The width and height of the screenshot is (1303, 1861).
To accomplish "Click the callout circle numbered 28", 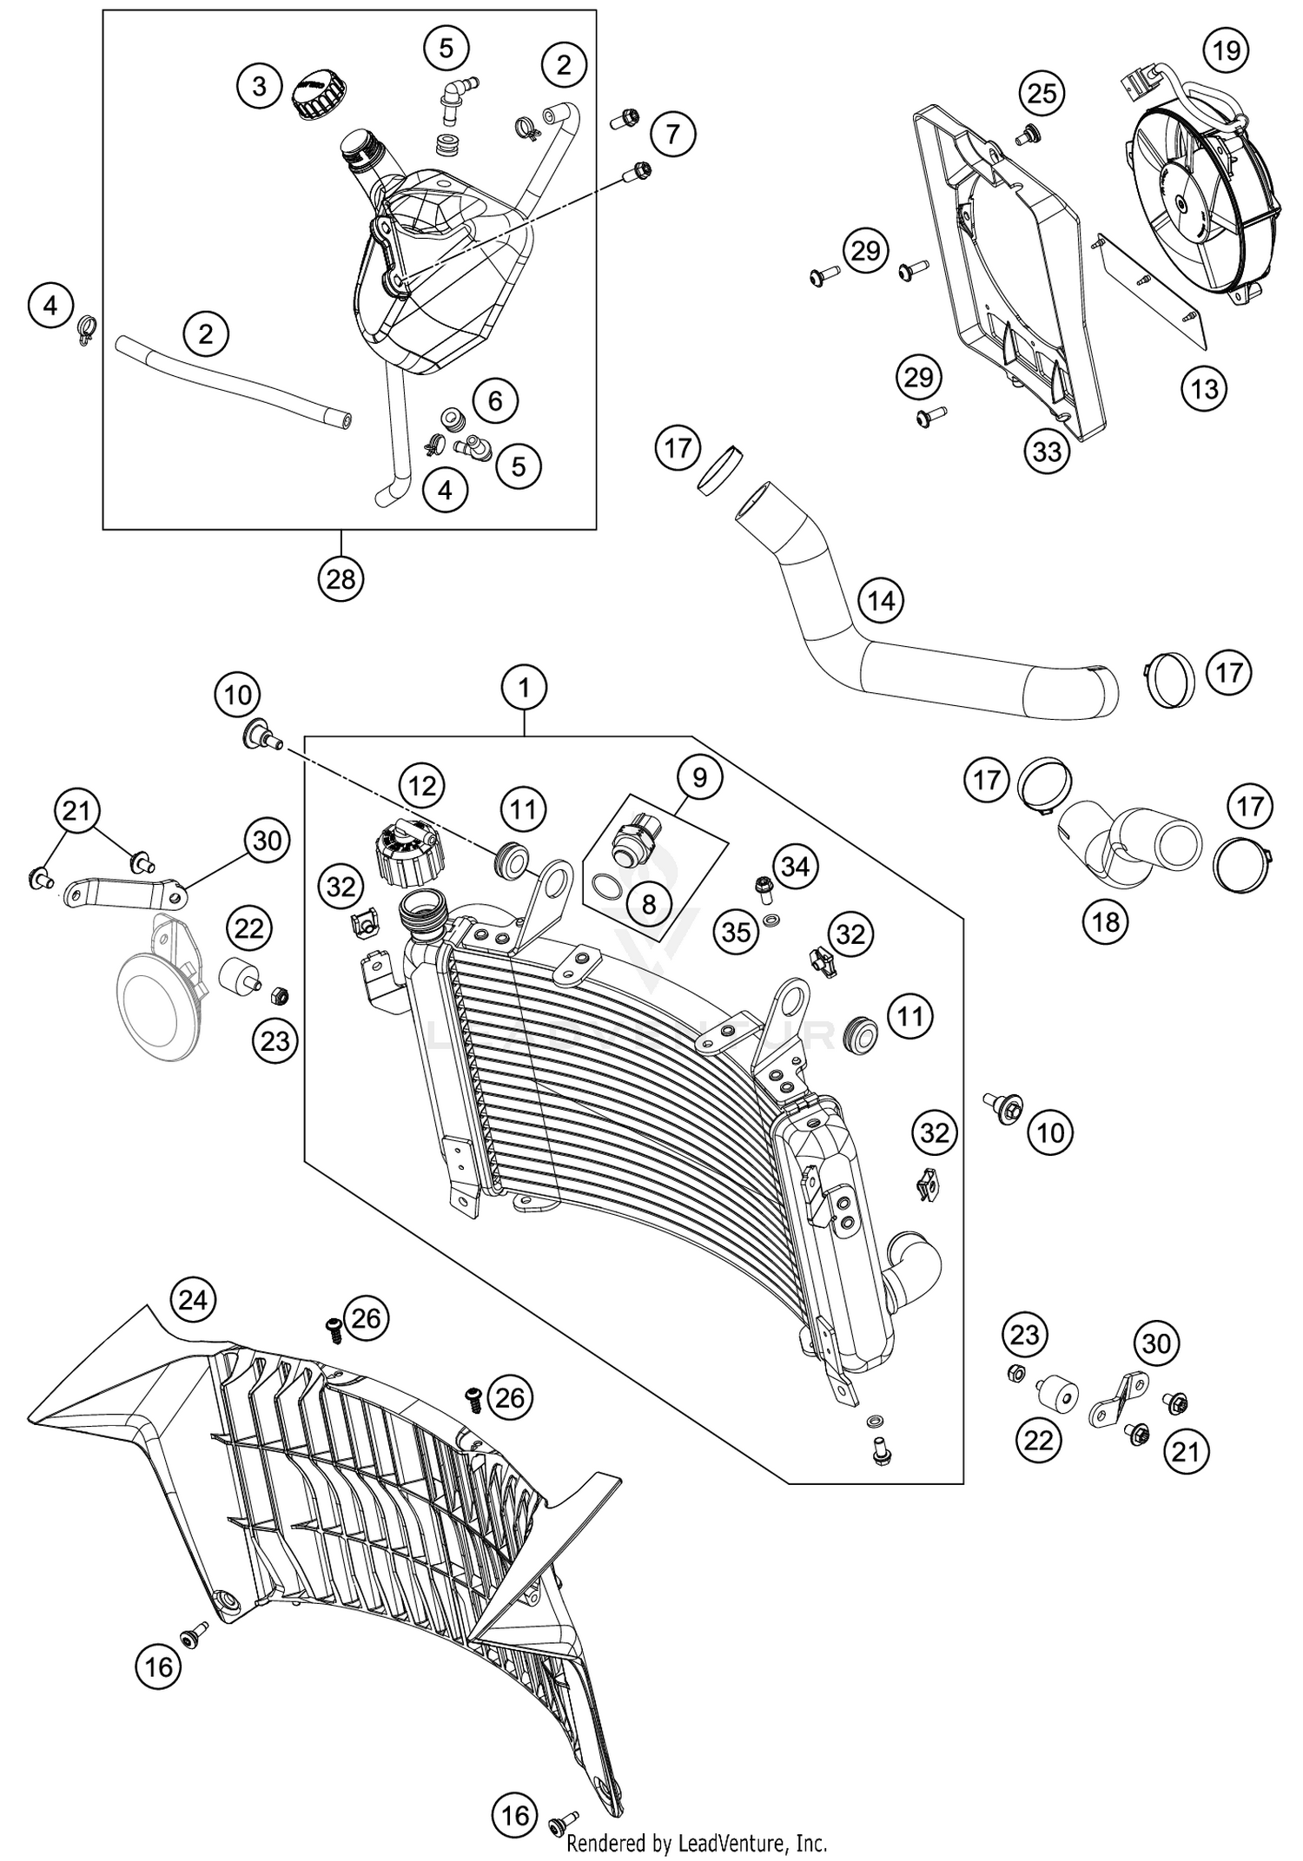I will pos(341,578).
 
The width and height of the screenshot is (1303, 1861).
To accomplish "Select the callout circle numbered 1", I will pos(524,689).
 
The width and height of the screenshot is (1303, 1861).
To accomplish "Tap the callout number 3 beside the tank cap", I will pos(260,86).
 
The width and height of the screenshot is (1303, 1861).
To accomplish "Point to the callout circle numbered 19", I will pos(1227,50).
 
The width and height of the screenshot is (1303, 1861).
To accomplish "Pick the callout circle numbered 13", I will pos(1204,388).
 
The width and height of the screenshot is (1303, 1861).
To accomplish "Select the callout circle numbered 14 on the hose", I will pos(881,600).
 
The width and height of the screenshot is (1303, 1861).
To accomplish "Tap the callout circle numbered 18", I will pos(1106,921).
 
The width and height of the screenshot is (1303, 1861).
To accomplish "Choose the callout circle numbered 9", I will pos(699,777).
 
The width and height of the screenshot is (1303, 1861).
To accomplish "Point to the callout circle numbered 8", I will pos(649,905).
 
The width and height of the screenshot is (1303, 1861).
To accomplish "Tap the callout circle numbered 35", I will pos(737,932).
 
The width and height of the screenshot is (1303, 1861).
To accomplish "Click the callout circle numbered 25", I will pos(1042,93).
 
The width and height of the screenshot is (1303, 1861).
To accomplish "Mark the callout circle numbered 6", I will pos(495,400).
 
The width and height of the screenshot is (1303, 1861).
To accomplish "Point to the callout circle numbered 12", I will pos(422,786).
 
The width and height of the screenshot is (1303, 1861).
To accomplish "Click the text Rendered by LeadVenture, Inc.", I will pos(697,1842).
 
